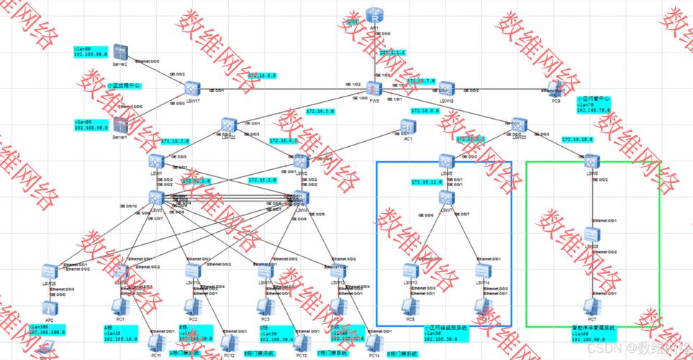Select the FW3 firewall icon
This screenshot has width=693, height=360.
click(x=373, y=89)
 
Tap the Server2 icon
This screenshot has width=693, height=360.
click(x=120, y=53)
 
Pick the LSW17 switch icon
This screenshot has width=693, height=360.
click(x=191, y=89)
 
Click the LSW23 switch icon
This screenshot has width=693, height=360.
click(x=518, y=125)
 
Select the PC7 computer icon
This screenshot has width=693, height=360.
click(x=592, y=306)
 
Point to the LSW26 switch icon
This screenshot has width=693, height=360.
click(x=592, y=235)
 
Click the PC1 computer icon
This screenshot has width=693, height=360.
click(x=120, y=306)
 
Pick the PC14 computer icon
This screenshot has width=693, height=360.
click(x=373, y=343)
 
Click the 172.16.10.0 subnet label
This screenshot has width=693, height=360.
click(x=576, y=140)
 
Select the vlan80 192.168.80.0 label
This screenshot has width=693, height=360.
click(x=90, y=50)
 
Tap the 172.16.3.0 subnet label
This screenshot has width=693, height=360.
click(x=176, y=141)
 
